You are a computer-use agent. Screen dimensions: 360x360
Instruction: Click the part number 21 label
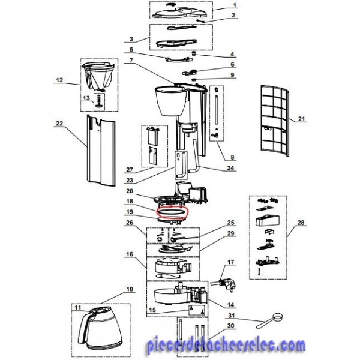pyautogui.click(x=301, y=119)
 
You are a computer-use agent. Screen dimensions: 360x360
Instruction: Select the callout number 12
pyautogui.click(x=59, y=80)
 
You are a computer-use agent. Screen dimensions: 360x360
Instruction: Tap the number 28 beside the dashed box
pyautogui.click(x=301, y=222)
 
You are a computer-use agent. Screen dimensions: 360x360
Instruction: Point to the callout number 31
pyautogui.click(x=231, y=316)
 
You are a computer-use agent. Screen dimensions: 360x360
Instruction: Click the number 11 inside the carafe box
pyautogui.click(x=78, y=307)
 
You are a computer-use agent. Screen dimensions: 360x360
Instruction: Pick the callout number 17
pyautogui.click(x=231, y=262)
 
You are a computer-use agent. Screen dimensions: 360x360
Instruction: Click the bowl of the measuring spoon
pyautogui.click(x=277, y=317)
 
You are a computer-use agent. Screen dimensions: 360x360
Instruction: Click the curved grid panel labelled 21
pyautogui.click(x=275, y=121)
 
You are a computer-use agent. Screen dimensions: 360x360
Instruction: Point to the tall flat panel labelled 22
pyautogui.click(x=101, y=151)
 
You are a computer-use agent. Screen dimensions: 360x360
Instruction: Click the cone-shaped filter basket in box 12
pyautogui.click(x=99, y=77)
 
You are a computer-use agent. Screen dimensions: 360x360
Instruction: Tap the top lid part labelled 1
pyautogui.click(x=180, y=11)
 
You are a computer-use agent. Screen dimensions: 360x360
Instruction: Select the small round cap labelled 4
pyautogui.click(x=194, y=53)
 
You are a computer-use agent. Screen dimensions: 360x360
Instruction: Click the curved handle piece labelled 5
pyautogui.click(x=179, y=59)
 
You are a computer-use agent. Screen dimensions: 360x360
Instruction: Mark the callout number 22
pyautogui.click(x=59, y=123)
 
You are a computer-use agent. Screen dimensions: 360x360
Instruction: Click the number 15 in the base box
pyautogui.click(x=152, y=310)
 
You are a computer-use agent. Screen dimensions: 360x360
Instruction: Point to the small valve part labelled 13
pyautogui.click(x=100, y=102)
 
